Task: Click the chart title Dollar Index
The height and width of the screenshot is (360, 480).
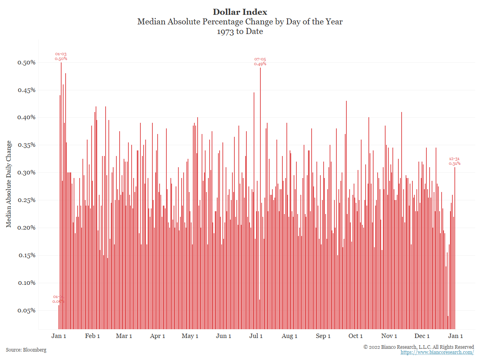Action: [240, 12]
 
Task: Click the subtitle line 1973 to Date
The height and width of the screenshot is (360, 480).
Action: [240, 32]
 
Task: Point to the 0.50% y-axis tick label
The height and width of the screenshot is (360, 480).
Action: [27, 63]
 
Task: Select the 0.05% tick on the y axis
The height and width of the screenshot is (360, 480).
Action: [27, 310]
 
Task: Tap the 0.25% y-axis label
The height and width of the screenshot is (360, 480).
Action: [27, 200]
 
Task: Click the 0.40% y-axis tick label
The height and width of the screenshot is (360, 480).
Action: [27, 118]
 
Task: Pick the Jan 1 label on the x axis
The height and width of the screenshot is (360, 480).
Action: [59, 336]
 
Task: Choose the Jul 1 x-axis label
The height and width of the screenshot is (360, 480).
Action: [256, 336]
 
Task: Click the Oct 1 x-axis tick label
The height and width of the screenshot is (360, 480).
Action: [356, 336]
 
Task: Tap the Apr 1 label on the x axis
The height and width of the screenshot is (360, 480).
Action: [158, 336]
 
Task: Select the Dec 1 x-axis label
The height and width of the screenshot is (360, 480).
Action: [422, 336]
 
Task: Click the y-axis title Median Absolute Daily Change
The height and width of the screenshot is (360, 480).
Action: [9, 184]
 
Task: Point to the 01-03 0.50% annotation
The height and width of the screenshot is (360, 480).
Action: [61, 56]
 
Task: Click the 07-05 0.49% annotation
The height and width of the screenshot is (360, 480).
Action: [260, 62]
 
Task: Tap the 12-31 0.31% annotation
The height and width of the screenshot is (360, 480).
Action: [454, 161]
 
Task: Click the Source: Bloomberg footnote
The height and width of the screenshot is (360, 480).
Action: [26, 350]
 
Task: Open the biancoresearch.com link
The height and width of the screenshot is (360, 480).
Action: [437, 352]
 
